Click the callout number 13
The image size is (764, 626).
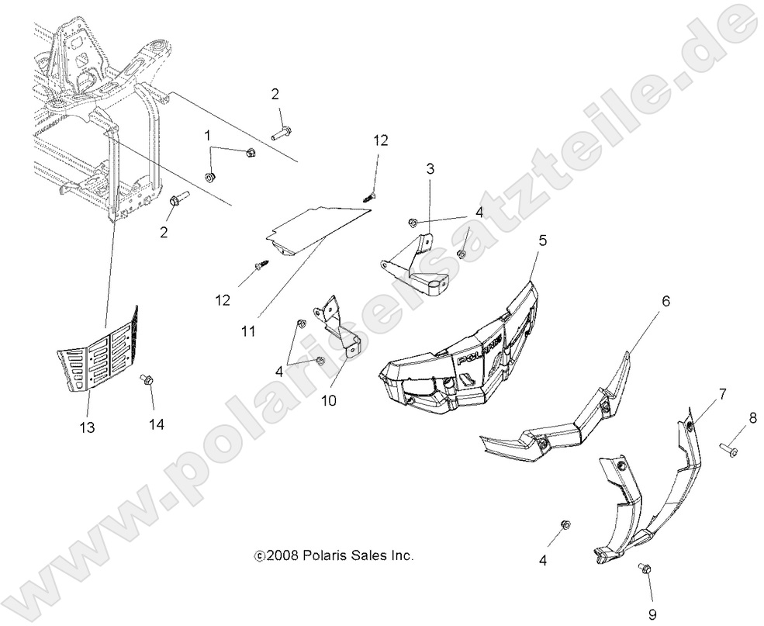pyautogui.click(x=87, y=427)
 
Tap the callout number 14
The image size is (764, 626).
pyautogui.click(x=157, y=424)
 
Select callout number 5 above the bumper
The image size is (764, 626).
pyautogui.click(x=543, y=240)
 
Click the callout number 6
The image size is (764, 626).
pyautogui.click(x=665, y=301)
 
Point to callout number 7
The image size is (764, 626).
pyautogui.click(x=722, y=394)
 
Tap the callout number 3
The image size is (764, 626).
pyautogui.click(x=430, y=168)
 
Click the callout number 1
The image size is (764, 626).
pyautogui.click(x=207, y=135)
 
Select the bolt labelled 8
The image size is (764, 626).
pyautogui.click(x=728, y=448)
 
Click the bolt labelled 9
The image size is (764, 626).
pyautogui.click(x=644, y=570)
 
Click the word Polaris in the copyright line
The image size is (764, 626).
pyautogui.click(x=317, y=555)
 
